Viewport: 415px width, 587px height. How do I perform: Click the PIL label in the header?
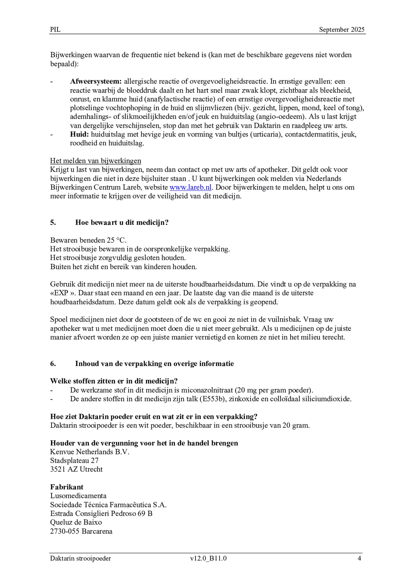tap(55, 30)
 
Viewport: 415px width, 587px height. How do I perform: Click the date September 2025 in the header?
tap(341, 30)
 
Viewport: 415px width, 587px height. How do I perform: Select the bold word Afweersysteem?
tap(96, 81)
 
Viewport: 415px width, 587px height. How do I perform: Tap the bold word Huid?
tap(79, 135)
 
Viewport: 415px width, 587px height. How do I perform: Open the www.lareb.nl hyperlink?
tap(191, 187)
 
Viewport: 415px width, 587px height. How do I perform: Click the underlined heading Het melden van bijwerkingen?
tap(96, 161)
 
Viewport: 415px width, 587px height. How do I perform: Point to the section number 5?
tap(53, 223)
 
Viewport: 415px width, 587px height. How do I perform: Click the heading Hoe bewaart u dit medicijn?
tap(122, 223)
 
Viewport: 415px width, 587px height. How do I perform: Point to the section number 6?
tap(53, 364)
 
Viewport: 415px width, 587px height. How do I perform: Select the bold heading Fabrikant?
tap(67, 487)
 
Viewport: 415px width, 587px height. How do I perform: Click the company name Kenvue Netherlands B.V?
tap(90, 452)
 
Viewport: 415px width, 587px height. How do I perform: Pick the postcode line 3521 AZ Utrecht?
tap(76, 469)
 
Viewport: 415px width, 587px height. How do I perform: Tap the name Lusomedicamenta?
tap(78, 496)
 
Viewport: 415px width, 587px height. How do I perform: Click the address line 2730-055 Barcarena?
tap(81, 531)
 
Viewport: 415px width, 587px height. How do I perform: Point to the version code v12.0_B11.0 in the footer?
tap(208, 558)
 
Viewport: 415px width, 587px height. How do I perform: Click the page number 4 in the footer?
tap(359, 558)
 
